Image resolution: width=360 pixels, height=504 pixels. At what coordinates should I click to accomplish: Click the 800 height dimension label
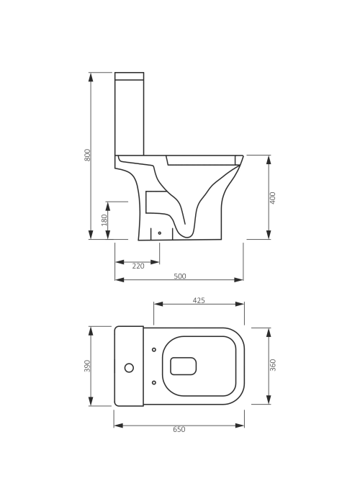[x=88, y=156]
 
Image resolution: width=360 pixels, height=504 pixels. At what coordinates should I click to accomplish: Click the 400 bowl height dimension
[x=273, y=198]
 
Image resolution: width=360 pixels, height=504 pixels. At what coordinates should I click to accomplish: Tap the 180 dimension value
[x=104, y=220]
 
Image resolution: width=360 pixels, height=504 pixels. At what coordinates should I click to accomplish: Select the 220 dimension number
[x=138, y=266]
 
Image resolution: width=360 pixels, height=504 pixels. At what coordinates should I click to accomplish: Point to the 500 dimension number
[x=180, y=276]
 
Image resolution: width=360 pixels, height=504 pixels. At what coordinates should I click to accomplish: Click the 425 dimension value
[x=199, y=300]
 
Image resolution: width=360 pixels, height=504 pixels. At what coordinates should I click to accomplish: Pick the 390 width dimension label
[x=88, y=366]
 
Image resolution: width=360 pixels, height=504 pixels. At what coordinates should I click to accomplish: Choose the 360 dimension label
[x=273, y=365]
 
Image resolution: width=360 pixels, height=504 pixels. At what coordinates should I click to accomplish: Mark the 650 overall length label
[x=179, y=429]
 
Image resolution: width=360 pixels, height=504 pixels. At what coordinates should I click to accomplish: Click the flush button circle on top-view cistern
[x=129, y=368]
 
